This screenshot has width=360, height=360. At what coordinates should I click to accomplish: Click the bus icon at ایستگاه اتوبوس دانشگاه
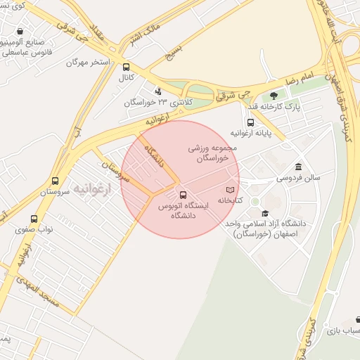[x=184, y=194]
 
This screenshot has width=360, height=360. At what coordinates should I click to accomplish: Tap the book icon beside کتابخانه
[x=231, y=190]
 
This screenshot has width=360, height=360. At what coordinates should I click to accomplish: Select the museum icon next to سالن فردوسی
[x=299, y=167]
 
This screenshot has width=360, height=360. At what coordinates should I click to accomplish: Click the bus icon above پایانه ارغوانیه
[x=251, y=122]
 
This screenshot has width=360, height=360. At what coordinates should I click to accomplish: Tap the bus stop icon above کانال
[x=126, y=68]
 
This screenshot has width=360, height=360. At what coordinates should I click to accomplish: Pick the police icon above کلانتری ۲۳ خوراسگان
[x=158, y=91]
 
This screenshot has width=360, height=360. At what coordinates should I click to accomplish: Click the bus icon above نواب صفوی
[x=34, y=219]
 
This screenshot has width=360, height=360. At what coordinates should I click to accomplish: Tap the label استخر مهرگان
[x=89, y=62]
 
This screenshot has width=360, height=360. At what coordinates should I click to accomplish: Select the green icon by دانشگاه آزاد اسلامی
[x=255, y=202]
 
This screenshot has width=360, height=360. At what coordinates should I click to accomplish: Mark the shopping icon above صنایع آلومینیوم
[x=20, y=32]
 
